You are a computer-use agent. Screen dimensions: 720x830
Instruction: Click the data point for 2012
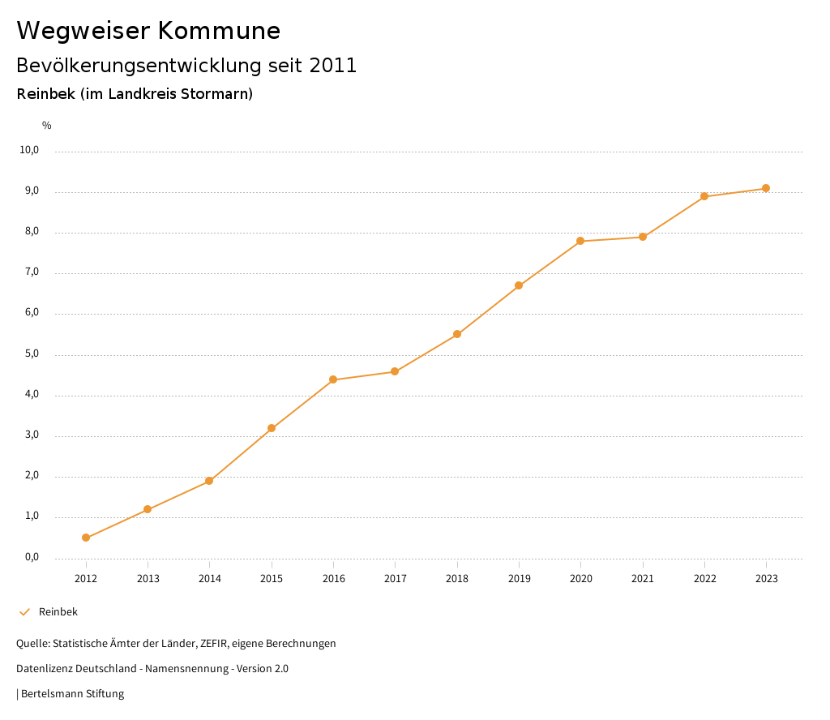click(x=86, y=538)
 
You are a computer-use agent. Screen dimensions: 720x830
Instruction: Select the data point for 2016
click(x=333, y=379)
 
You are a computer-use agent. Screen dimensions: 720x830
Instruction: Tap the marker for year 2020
click(x=580, y=241)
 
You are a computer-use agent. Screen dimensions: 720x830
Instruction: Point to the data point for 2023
click(x=766, y=188)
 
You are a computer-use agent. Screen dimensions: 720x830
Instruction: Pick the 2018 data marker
click(x=457, y=334)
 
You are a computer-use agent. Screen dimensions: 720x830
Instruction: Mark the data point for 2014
click(x=209, y=481)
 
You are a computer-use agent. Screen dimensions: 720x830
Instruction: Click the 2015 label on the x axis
click(x=272, y=578)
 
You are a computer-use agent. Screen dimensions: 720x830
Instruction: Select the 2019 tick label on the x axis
click(x=519, y=578)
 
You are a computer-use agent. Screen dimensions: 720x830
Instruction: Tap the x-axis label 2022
click(x=704, y=578)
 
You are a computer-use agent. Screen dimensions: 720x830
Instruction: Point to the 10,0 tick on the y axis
click(x=30, y=150)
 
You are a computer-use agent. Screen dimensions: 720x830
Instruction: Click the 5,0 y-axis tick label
click(x=30, y=354)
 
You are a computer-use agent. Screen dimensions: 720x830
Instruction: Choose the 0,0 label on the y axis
click(x=30, y=557)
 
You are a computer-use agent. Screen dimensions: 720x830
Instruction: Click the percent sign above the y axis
click(x=47, y=126)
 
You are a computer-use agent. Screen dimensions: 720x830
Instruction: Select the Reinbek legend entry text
click(x=58, y=612)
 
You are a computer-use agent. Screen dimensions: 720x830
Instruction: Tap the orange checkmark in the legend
click(x=24, y=612)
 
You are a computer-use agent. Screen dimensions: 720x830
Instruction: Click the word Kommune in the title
click(x=219, y=31)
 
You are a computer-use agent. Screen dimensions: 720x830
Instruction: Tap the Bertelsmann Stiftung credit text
click(x=72, y=694)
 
